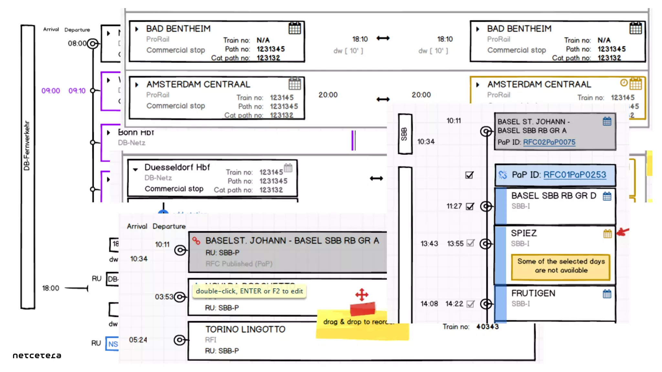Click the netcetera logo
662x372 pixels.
pyautogui.click(x=37, y=356)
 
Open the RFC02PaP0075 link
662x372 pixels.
pyautogui.click(x=549, y=142)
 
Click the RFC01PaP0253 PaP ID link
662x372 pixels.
pyautogui.click(x=574, y=175)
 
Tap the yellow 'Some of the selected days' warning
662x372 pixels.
pyautogui.click(x=561, y=266)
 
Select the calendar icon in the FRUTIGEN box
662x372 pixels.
pyautogui.click(x=607, y=294)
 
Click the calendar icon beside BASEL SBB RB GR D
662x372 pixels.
pyautogui.click(x=607, y=196)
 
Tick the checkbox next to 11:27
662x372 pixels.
pyautogui.click(x=470, y=206)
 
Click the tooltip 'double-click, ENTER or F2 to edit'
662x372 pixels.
pyautogui.click(x=249, y=291)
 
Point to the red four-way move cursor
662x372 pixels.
pyautogui.click(x=362, y=294)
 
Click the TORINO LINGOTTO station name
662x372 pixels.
pyautogui.click(x=245, y=329)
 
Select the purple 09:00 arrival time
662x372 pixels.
pyautogui.click(x=51, y=91)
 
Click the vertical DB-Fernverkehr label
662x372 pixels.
pyautogui.click(x=27, y=145)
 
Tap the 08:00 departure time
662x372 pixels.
pyautogui.click(x=77, y=43)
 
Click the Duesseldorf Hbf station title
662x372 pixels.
pyautogui.click(x=177, y=167)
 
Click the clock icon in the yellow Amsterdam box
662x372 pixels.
pyautogui.click(x=624, y=83)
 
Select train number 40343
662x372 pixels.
pyautogui.click(x=487, y=327)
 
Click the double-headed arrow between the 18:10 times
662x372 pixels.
pyautogui.click(x=383, y=38)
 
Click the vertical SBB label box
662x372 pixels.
pyautogui.click(x=405, y=134)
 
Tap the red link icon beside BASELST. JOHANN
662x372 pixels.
pyautogui.click(x=196, y=241)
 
